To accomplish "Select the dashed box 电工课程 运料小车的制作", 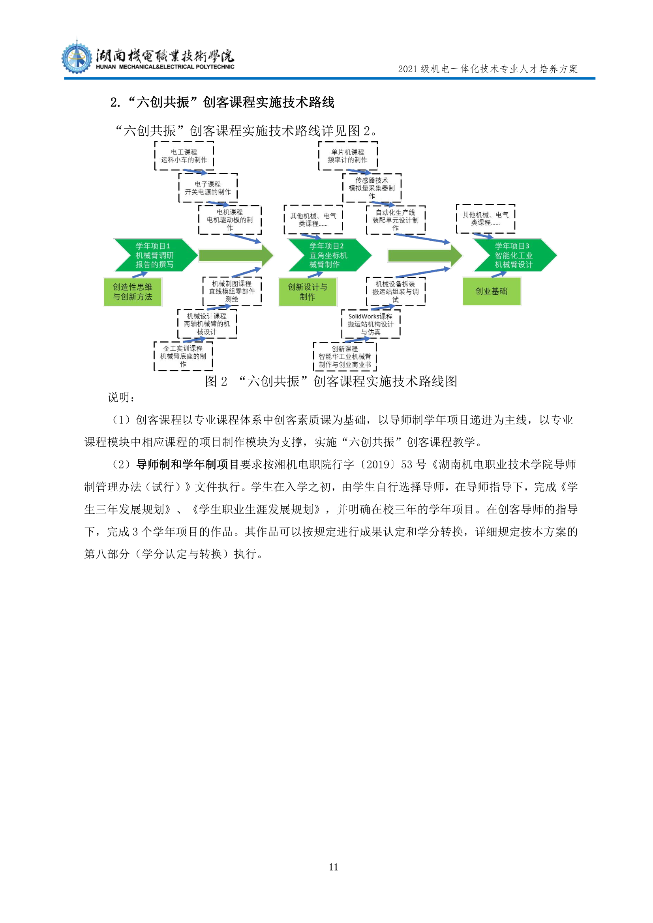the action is pos(184,156).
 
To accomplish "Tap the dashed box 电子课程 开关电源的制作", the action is pos(208,188).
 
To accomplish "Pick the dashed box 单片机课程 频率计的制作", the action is pos(348,156).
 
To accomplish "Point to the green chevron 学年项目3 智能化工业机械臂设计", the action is pos(515,255).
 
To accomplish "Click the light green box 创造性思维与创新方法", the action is pos(133,292).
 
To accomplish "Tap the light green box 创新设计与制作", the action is pos(308,292).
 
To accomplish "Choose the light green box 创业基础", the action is pos(492,292).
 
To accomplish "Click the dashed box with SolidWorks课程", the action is pos(371,324).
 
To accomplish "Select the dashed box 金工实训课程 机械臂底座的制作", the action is pos(183,356).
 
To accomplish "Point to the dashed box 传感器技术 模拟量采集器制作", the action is pos(372,188).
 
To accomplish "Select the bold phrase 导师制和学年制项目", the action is pos(188,465).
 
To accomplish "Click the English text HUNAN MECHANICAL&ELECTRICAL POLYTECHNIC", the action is pos(165,67).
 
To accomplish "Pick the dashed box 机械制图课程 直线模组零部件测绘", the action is pos(232,292).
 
